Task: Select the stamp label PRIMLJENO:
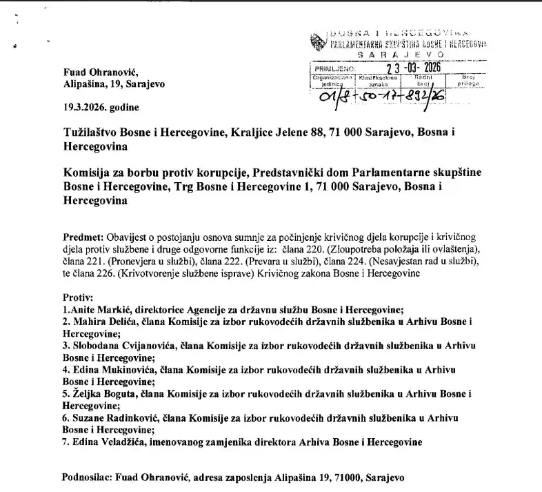point(334,69)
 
